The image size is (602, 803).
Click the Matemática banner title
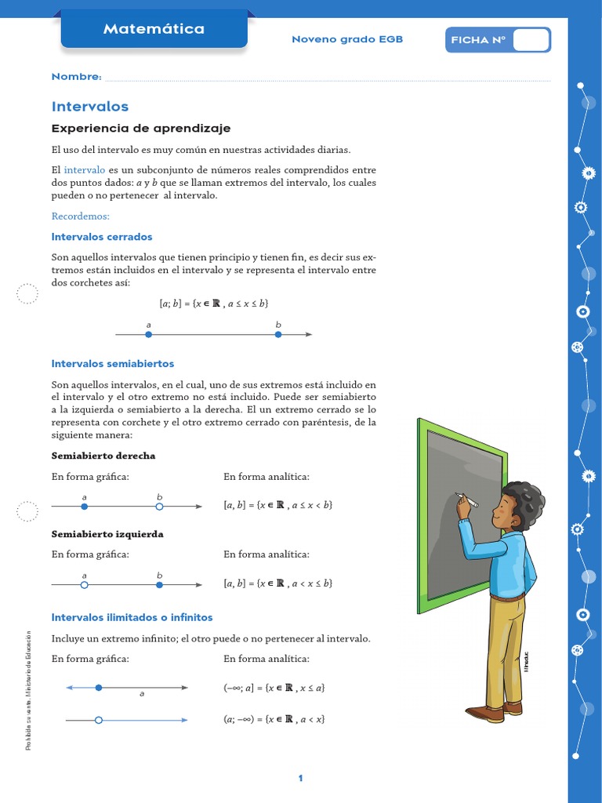tap(154, 30)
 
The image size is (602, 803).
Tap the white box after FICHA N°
tap(531, 40)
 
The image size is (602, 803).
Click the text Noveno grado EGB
tap(347, 39)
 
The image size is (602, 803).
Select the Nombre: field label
tap(76, 77)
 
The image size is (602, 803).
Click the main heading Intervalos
tap(89, 107)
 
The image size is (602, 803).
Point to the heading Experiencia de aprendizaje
tap(141, 129)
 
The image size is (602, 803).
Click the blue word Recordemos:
tap(81, 216)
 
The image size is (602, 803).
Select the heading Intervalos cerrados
tap(102, 237)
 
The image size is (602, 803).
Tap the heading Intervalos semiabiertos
tap(113, 364)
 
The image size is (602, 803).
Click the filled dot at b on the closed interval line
tap(278, 335)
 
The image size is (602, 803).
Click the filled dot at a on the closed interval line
tap(148, 335)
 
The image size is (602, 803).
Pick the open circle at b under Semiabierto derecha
tap(159, 507)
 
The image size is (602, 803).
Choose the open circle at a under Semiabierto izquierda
tap(85, 584)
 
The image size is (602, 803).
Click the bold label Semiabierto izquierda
tap(107, 534)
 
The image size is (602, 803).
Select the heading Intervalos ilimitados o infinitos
tap(132, 618)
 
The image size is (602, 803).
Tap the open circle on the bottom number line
tap(98, 719)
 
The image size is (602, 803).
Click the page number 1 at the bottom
tap(300, 779)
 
